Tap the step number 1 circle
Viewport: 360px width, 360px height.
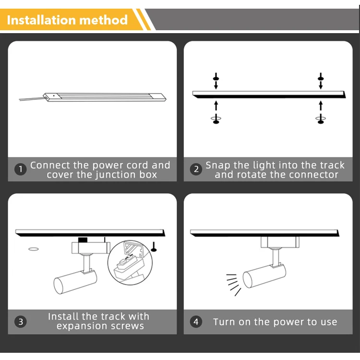(x=21, y=169)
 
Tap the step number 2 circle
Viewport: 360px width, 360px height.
(x=196, y=169)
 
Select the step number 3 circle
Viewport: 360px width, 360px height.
(x=21, y=322)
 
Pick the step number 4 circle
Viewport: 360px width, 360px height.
(x=196, y=322)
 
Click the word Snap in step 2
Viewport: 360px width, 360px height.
(x=217, y=166)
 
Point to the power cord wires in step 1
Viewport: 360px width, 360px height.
(x=32, y=99)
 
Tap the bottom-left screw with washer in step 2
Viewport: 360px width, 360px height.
(x=216, y=119)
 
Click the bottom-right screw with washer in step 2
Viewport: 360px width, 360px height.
(x=321, y=119)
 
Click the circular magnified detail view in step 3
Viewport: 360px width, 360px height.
(x=130, y=263)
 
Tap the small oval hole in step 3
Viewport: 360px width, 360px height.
(x=34, y=249)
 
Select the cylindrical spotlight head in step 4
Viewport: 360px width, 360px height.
(x=264, y=276)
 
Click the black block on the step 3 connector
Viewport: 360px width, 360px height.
(x=83, y=240)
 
